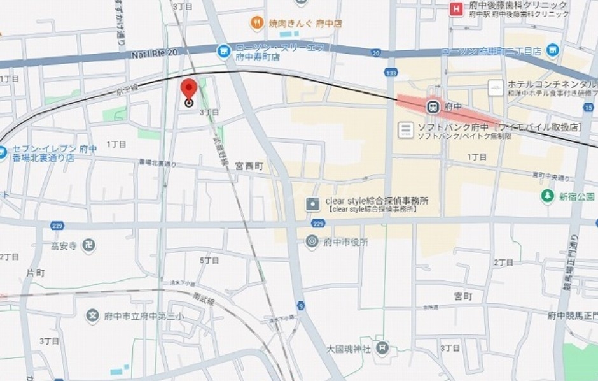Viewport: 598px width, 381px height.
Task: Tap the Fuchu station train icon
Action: click(x=432, y=106)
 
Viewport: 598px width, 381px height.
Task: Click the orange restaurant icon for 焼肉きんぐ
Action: click(x=257, y=23)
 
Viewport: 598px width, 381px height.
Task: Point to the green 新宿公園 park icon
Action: click(x=546, y=196)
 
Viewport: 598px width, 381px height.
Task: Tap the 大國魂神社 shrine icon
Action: click(x=382, y=348)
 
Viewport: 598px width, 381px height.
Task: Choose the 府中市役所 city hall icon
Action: click(x=312, y=241)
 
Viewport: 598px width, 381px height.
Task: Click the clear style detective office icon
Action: click(x=312, y=204)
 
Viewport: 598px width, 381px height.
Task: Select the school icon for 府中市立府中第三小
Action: click(x=94, y=315)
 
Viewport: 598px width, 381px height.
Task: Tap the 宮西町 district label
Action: click(x=248, y=166)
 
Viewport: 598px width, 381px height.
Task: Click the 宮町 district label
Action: click(x=463, y=296)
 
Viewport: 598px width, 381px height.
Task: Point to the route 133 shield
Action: click(x=391, y=73)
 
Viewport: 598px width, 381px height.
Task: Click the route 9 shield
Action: click(x=300, y=306)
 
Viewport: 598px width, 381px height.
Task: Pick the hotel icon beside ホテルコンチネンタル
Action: click(x=496, y=87)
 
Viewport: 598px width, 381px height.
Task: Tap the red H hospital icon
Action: click(x=455, y=8)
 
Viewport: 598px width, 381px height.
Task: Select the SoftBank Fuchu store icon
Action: click(x=405, y=130)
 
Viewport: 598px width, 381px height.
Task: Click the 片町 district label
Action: click(x=36, y=273)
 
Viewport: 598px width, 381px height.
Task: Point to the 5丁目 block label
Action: click(x=209, y=260)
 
